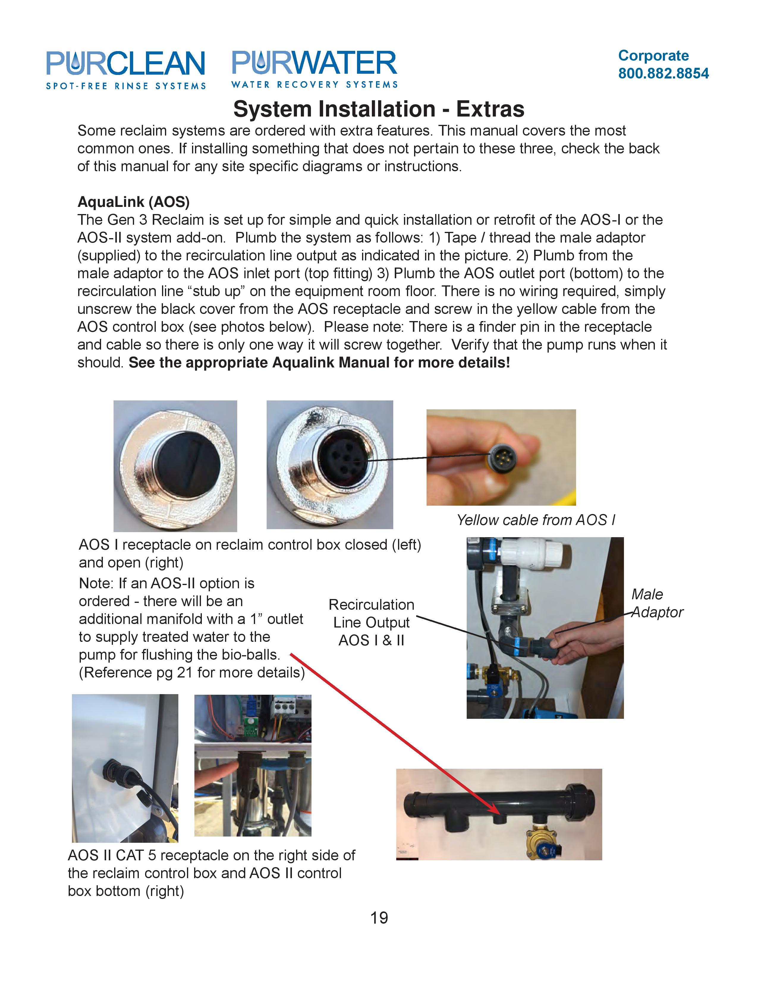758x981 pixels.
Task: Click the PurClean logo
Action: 126,70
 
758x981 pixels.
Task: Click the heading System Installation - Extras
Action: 378,109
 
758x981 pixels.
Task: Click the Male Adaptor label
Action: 657,603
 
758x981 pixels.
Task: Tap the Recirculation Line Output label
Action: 371,622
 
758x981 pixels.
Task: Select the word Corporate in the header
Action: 653,56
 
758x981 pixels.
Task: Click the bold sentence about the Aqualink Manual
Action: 319,362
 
